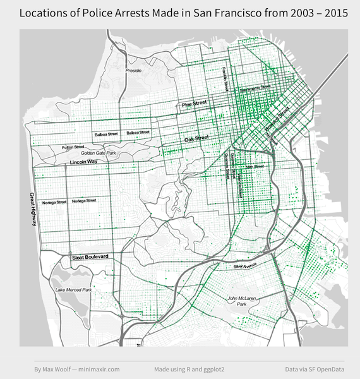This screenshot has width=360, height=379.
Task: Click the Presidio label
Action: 133,71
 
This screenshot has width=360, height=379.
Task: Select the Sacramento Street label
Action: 255,88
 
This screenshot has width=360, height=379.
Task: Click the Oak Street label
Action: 196,139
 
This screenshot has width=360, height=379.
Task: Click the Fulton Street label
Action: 73,147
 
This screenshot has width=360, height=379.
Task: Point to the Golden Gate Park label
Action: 98,153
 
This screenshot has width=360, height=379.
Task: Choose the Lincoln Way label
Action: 83,162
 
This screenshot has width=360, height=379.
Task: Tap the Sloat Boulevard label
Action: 90,256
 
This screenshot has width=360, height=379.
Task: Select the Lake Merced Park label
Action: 73,290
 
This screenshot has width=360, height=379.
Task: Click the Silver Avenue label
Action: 247,265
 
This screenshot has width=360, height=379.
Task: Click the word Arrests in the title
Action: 133,13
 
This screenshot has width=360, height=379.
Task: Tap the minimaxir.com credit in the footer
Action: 99,368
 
